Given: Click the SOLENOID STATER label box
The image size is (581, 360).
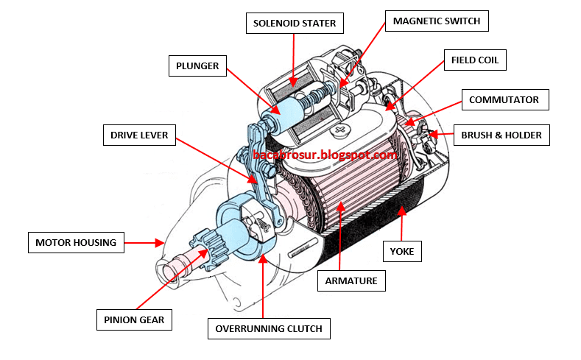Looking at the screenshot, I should (295, 24).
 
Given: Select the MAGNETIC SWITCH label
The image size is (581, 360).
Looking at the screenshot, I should (436, 21).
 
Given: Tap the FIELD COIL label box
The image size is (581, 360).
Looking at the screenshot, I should (475, 60).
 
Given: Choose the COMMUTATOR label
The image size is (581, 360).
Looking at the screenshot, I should (504, 99).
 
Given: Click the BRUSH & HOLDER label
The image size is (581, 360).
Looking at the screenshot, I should (501, 135).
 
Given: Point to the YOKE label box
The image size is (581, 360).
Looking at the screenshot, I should (402, 252).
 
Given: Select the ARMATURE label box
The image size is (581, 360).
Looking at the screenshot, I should (351, 280).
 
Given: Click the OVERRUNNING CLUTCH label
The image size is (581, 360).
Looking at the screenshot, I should (268, 328).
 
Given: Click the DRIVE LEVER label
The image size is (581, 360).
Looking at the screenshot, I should (139, 135).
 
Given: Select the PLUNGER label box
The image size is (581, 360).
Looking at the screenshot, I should (197, 66).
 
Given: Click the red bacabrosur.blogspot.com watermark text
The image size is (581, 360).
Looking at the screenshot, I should (325, 155).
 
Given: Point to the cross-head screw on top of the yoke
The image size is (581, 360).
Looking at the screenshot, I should (339, 132).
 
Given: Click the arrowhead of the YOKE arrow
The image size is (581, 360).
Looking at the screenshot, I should (401, 210).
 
